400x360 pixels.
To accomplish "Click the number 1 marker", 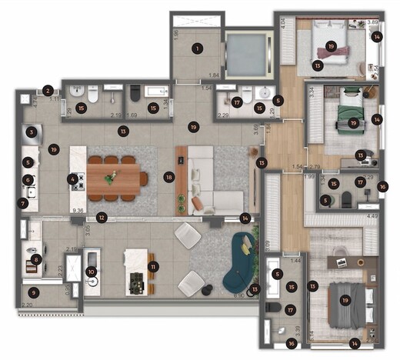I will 198,48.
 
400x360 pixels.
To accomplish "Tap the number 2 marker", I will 48,91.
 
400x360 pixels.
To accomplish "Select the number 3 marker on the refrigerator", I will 31,132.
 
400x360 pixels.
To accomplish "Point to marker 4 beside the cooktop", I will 72,179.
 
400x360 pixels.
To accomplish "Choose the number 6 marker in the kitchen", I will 28,179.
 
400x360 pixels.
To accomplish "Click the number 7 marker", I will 22,204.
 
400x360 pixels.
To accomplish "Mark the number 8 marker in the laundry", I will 36,260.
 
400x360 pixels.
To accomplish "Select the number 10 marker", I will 92,271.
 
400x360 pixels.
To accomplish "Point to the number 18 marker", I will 168,177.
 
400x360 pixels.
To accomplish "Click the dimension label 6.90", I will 238,295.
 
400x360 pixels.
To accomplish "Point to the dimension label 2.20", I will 27,305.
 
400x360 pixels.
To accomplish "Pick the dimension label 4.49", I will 372,216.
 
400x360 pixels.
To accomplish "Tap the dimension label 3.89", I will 372,23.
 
